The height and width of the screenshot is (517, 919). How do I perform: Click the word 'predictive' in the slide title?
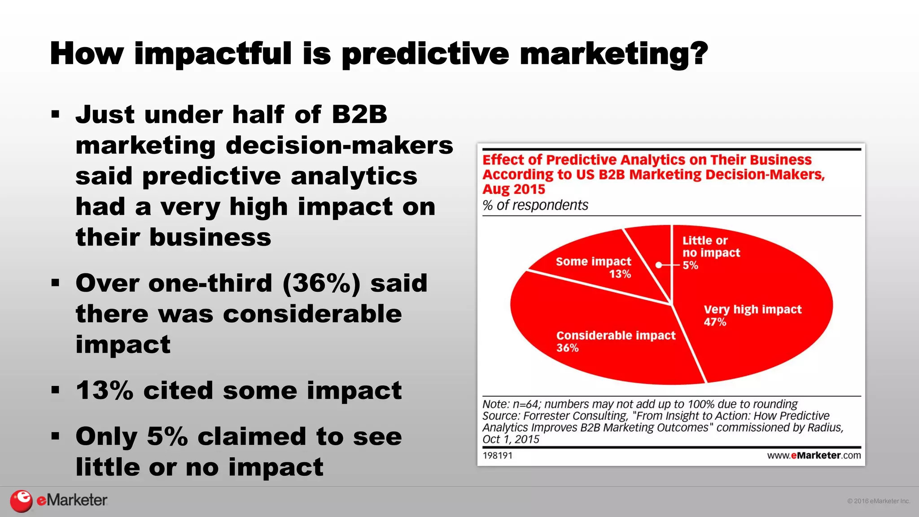click(425, 54)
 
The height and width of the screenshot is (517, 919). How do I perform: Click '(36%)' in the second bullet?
click(321, 284)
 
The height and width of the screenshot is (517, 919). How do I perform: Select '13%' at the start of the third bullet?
click(105, 390)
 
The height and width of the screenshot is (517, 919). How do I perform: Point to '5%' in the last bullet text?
click(167, 436)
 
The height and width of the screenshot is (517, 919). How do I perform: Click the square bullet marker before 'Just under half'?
click(55, 114)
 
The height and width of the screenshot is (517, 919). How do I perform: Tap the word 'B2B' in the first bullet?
click(359, 114)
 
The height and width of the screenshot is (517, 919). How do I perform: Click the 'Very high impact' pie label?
click(752, 309)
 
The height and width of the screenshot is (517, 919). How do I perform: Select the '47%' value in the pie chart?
click(714, 322)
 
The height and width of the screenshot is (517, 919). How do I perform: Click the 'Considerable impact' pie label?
click(616, 335)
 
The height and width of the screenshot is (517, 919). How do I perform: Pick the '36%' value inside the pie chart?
click(567, 348)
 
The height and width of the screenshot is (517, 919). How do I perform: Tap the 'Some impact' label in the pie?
click(593, 261)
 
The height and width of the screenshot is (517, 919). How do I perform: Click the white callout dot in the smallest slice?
click(659, 265)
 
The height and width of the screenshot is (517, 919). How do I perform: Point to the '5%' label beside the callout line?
click(690, 265)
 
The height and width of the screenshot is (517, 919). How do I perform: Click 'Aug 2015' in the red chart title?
click(513, 189)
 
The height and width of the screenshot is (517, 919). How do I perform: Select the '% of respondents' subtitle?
click(535, 205)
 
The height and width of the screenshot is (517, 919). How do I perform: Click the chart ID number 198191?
click(497, 456)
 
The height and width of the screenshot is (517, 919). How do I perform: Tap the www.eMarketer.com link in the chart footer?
click(814, 456)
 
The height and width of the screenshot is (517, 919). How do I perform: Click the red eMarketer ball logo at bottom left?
click(21, 501)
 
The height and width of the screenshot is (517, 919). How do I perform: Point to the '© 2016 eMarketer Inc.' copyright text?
click(878, 501)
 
